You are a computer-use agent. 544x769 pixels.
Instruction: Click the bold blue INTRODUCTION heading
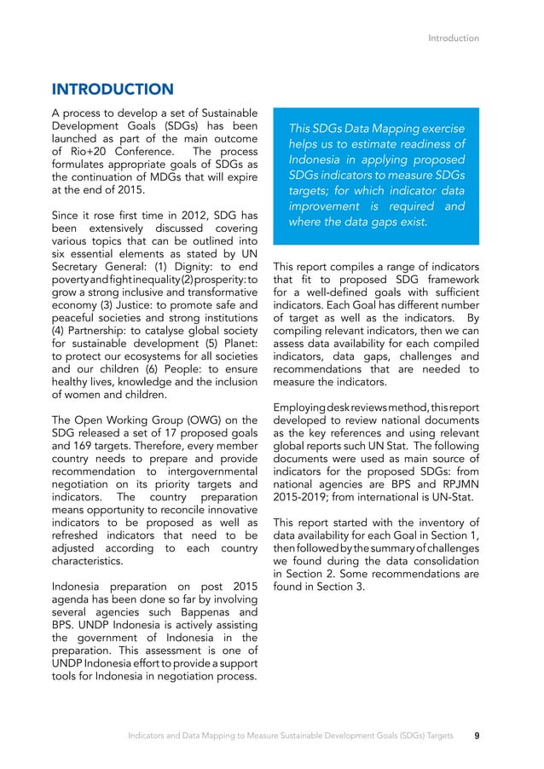coord(113,89)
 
